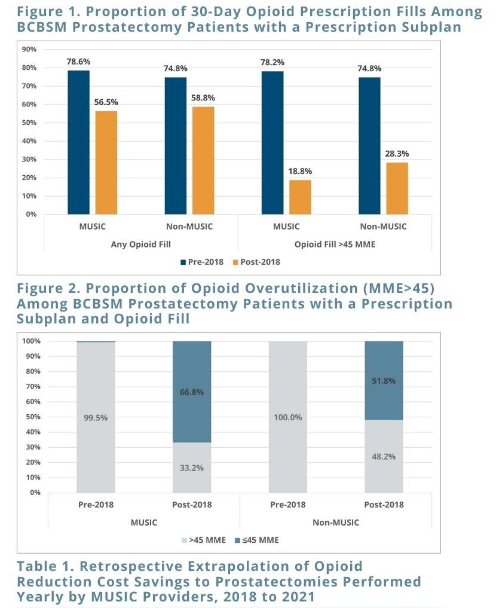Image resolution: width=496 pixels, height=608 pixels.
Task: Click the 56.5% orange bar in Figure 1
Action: click(x=106, y=163)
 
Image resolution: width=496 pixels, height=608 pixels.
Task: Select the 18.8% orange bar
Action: click(x=300, y=197)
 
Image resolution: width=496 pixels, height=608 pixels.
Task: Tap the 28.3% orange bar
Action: click(x=397, y=188)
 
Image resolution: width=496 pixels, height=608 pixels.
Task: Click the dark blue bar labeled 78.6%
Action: click(x=79, y=142)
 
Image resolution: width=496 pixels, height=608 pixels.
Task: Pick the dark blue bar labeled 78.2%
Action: click(x=273, y=143)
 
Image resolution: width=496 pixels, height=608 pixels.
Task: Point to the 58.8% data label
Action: click(x=203, y=98)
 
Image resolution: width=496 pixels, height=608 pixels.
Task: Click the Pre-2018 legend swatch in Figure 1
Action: click(x=183, y=262)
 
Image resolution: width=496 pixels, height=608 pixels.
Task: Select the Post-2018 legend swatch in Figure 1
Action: click(x=235, y=262)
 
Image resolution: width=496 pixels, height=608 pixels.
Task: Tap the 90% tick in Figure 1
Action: click(x=29, y=49)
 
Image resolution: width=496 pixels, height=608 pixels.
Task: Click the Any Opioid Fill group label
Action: click(x=140, y=245)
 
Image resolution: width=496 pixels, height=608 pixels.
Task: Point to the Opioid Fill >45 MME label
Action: click(x=335, y=245)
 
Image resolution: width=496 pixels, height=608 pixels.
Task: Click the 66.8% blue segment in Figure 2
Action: click(x=192, y=392)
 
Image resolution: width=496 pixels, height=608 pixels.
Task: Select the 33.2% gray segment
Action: click(x=192, y=468)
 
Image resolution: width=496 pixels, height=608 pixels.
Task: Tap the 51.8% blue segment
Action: click(x=384, y=381)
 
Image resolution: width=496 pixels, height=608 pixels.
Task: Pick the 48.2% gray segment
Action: click(x=384, y=456)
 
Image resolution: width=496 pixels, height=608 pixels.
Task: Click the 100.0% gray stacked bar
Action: click(x=288, y=417)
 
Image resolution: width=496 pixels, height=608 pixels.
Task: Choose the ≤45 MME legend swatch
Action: click(x=237, y=540)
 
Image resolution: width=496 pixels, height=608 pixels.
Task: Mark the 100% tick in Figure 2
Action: click(x=32, y=341)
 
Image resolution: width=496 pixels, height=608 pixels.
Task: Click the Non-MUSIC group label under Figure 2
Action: click(x=336, y=523)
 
